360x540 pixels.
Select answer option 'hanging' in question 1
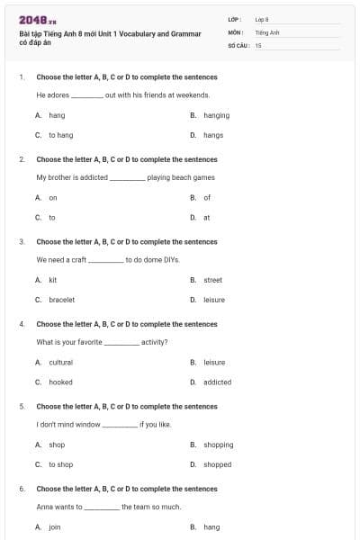pos(216,115)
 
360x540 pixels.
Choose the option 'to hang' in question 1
pos(60,135)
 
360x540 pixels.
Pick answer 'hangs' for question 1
pos(213,135)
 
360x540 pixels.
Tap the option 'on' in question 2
pos(53,197)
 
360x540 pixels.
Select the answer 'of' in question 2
pos(207,197)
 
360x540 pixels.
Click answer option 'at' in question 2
pos(207,217)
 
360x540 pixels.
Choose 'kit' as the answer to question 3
pos(53,280)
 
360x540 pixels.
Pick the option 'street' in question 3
pos(212,280)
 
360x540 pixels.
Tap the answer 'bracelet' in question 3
pos(61,300)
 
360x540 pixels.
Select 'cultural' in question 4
pos(60,362)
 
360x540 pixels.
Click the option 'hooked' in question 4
pos(60,382)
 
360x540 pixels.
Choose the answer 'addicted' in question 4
pos(217,382)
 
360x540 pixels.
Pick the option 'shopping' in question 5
pos(218,445)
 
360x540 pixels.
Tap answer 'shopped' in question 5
pos(217,464)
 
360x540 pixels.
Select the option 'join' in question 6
pos(54,526)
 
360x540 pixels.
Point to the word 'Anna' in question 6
pos(44,507)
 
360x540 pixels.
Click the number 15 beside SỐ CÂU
pos(258,44)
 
